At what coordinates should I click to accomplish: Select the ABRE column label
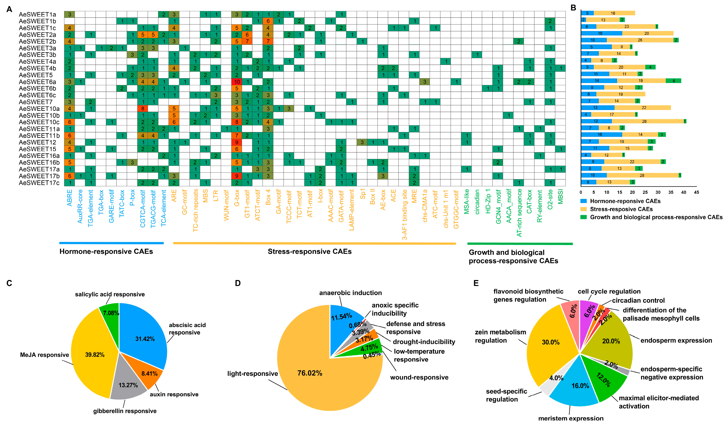click(69, 198)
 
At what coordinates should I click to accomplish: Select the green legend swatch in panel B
click(584, 217)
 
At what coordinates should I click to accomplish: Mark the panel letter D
click(238, 283)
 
